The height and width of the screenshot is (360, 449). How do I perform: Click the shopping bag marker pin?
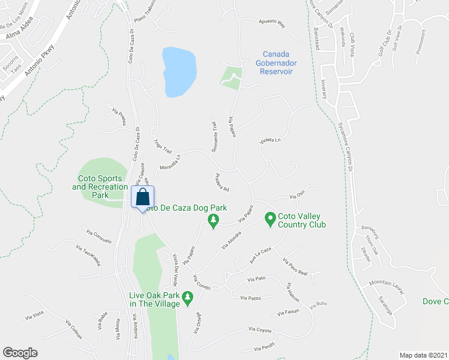[x=143, y=197]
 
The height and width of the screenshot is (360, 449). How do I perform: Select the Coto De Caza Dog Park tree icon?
[x=212, y=221]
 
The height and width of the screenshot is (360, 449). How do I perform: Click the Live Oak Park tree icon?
[x=187, y=298]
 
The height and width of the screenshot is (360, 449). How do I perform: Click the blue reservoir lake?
[x=179, y=71]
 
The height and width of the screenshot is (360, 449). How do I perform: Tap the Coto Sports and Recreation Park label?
[x=100, y=187]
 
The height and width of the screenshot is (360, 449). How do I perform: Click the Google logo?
[x=20, y=353]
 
